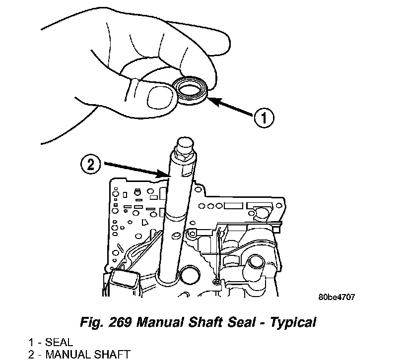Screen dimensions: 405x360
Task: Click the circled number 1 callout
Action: click(264, 118)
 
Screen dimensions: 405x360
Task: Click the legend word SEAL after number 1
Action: click(59, 342)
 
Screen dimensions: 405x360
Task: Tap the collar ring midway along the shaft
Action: click(176, 216)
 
